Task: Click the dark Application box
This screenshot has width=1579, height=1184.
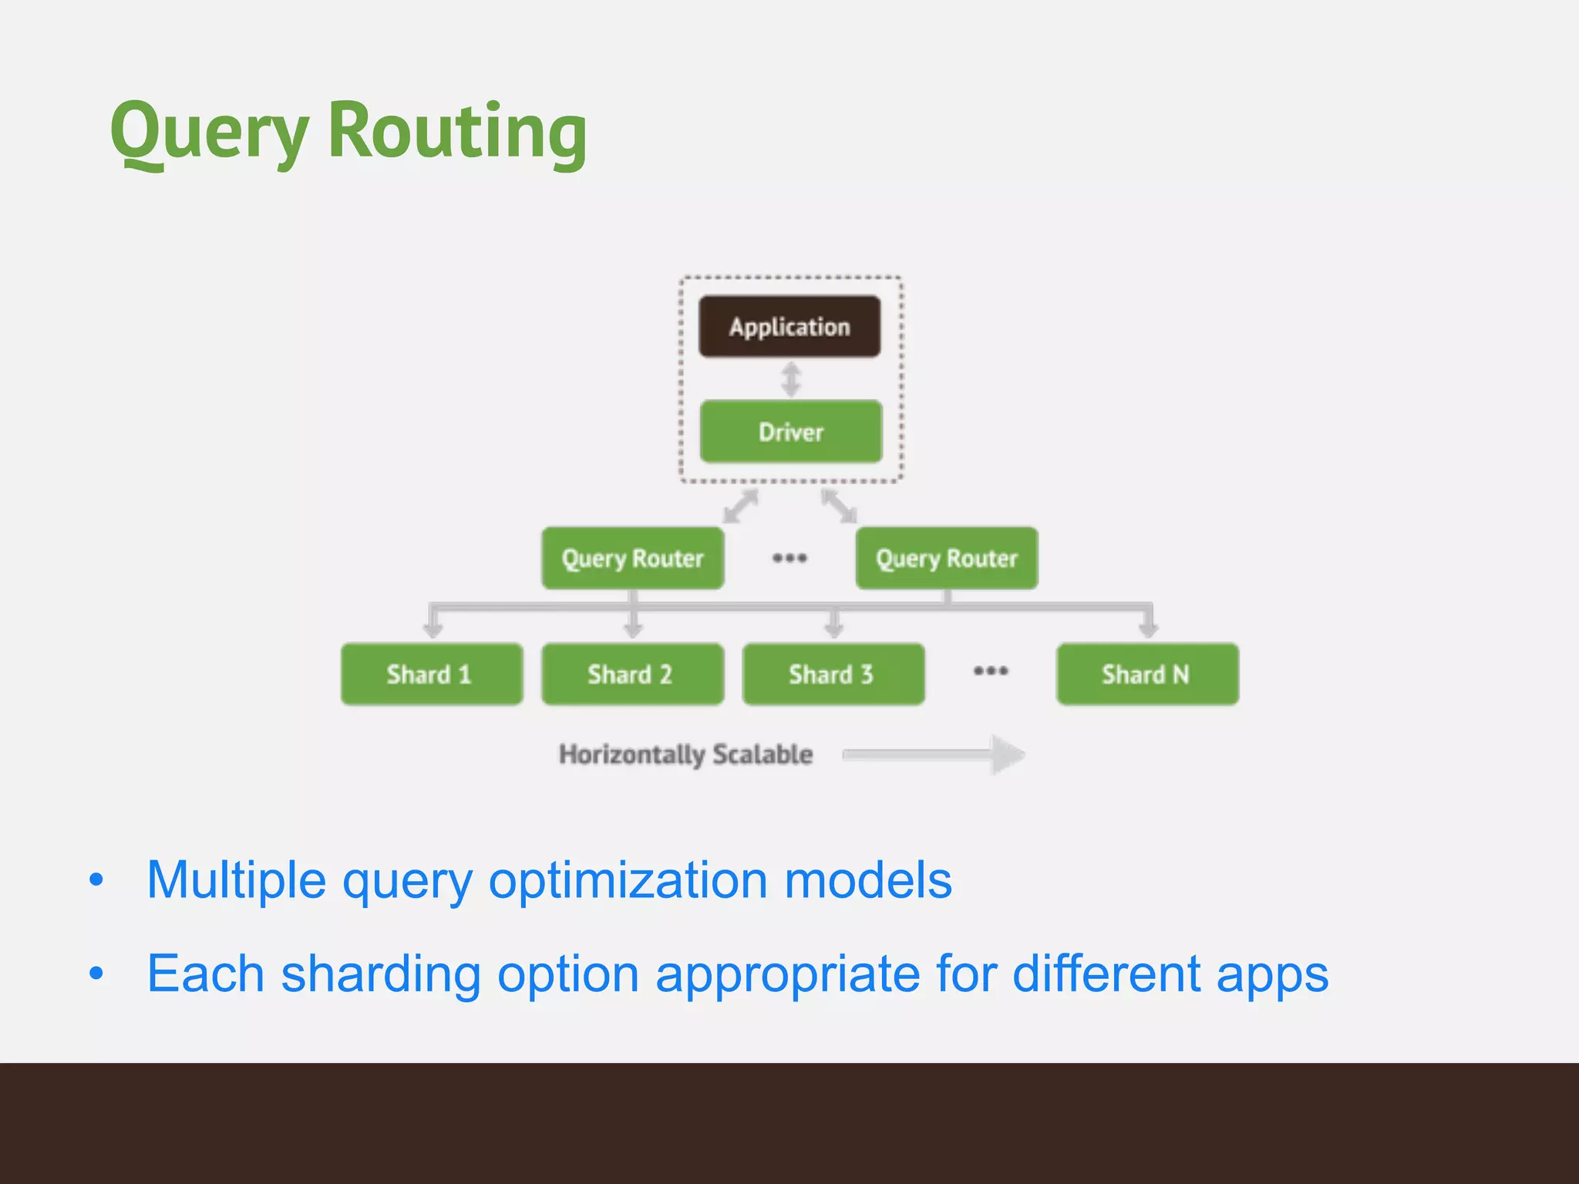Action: [789, 327]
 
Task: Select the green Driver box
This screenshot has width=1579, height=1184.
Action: [791, 432]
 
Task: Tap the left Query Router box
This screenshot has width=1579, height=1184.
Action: [632, 558]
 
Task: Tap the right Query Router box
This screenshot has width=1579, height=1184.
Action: [947, 558]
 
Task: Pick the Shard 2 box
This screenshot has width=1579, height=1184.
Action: [632, 674]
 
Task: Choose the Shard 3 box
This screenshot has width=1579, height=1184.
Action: [833, 674]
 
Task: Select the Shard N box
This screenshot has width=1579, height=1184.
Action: [1147, 674]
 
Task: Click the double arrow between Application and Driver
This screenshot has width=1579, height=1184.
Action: [791, 379]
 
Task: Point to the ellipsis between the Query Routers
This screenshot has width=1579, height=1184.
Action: [789, 557]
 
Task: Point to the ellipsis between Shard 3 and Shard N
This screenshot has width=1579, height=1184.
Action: [991, 671]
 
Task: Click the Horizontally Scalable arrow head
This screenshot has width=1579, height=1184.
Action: [1007, 755]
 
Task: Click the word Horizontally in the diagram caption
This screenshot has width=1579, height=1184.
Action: [631, 754]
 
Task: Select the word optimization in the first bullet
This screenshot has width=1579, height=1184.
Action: [628, 880]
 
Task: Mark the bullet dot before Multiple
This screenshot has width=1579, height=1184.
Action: [96, 880]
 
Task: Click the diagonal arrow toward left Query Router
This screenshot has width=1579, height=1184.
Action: [741, 506]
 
